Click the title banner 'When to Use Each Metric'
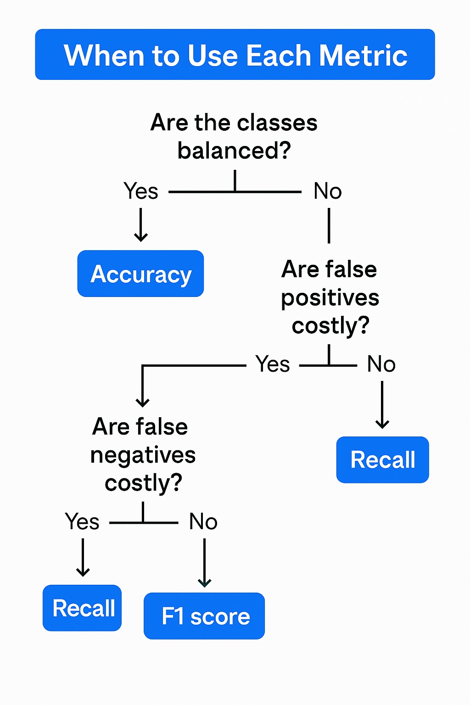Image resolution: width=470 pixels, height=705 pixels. pos(235,55)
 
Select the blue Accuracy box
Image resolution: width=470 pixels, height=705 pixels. pos(140,274)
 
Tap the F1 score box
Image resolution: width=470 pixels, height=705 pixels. pos(204,616)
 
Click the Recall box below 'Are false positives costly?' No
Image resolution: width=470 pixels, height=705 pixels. pos(382,459)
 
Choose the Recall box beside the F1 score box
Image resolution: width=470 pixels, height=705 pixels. pos(82,608)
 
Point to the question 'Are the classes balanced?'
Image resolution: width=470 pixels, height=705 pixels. pos(234,136)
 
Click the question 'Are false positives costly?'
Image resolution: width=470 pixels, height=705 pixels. pos(330,297)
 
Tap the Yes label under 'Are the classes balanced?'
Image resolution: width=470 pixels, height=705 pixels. pos(141,191)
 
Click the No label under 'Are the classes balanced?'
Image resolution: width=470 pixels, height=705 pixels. pos(328,191)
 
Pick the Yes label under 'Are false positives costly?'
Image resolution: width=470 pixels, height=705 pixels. pos(273,364)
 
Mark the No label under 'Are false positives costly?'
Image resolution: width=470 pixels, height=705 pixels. pos(381,364)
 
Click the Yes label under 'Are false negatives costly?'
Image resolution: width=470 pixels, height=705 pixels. pos(82,521)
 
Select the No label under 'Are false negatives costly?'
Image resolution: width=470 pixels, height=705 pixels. pos(203,521)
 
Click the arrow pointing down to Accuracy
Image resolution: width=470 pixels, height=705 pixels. pos(141,225)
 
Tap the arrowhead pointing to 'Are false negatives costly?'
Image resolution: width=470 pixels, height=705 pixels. pos(143,402)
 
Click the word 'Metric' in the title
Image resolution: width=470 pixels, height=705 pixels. pos(363,56)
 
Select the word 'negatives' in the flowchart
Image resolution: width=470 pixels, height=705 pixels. pos(143,455)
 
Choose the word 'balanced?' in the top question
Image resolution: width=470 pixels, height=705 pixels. pos(234,151)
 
